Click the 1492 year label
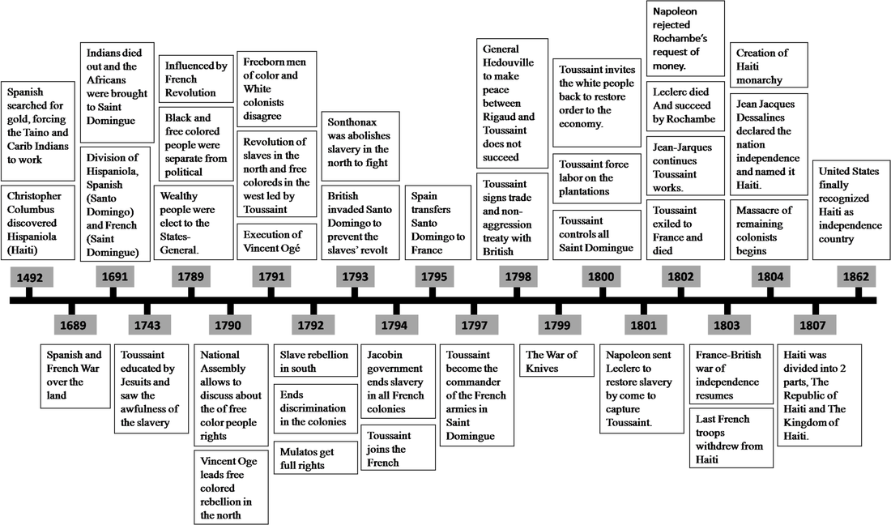point(29,277)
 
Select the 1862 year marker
point(856,277)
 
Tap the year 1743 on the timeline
point(147,325)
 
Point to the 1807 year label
point(812,325)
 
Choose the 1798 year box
point(518,277)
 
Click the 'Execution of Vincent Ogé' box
point(277,241)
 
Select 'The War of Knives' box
point(557,361)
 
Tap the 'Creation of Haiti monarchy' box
point(768,66)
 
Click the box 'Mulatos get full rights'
point(315,458)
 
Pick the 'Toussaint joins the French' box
point(398,448)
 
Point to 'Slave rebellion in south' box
point(315,361)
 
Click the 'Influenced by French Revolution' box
point(195,79)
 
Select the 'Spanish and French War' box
point(75,375)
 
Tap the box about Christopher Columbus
point(37,223)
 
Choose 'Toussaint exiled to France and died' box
point(685,229)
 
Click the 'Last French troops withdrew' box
point(731,438)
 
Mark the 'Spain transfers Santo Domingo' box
point(437,223)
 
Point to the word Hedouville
point(508,62)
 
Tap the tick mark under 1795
point(433,292)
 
